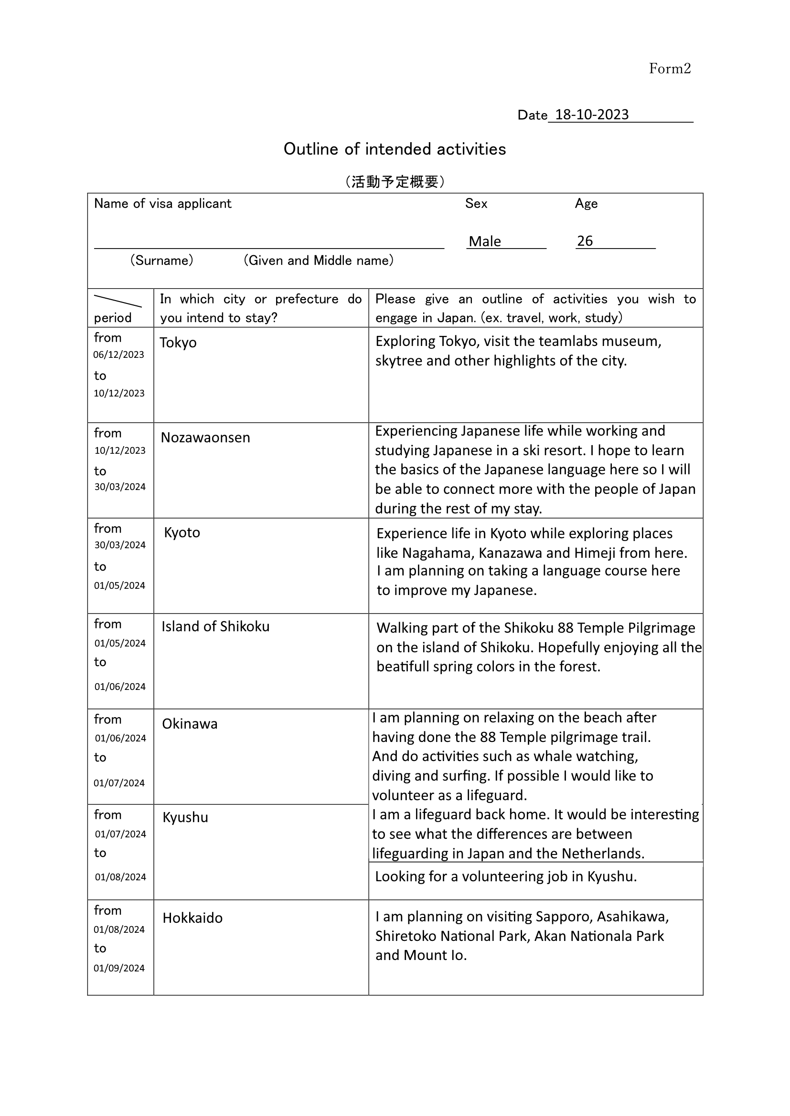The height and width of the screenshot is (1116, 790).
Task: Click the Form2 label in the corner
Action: pyautogui.click(x=669, y=69)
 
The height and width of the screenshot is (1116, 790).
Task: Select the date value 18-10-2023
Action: pyautogui.click(x=591, y=115)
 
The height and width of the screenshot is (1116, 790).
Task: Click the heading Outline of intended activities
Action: pyautogui.click(x=395, y=149)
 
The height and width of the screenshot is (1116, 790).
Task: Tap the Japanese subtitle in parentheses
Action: pyautogui.click(x=395, y=182)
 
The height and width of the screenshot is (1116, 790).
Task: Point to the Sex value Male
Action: pyautogui.click(x=484, y=241)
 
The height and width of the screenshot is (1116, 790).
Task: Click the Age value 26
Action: pyautogui.click(x=585, y=241)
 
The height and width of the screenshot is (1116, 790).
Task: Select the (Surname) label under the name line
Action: pyautogui.click(x=161, y=261)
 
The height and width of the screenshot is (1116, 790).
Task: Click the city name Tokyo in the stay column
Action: pyautogui.click(x=178, y=343)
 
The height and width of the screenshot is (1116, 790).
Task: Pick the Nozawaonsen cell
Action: pyautogui.click(x=205, y=438)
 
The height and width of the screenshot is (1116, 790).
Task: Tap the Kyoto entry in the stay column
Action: pyautogui.click(x=182, y=533)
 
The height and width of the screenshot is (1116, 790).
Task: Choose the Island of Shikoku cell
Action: pyautogui.click(x=215, y=626)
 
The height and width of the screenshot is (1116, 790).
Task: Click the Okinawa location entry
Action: pyautogui.click(x=190, y=724)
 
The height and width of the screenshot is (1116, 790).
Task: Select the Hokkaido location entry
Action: pyautogui.click(x=192, y=918)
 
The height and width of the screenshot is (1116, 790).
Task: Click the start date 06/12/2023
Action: pyautogui.click(x=119, y=355)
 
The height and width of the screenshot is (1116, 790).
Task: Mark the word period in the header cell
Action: pyautogui.click(x=113, y=318)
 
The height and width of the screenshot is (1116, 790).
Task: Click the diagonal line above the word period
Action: pyautogui.click(x=117, y=301)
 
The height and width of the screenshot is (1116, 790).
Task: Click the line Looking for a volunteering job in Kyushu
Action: pyautogui.click(x=506, y=876)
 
